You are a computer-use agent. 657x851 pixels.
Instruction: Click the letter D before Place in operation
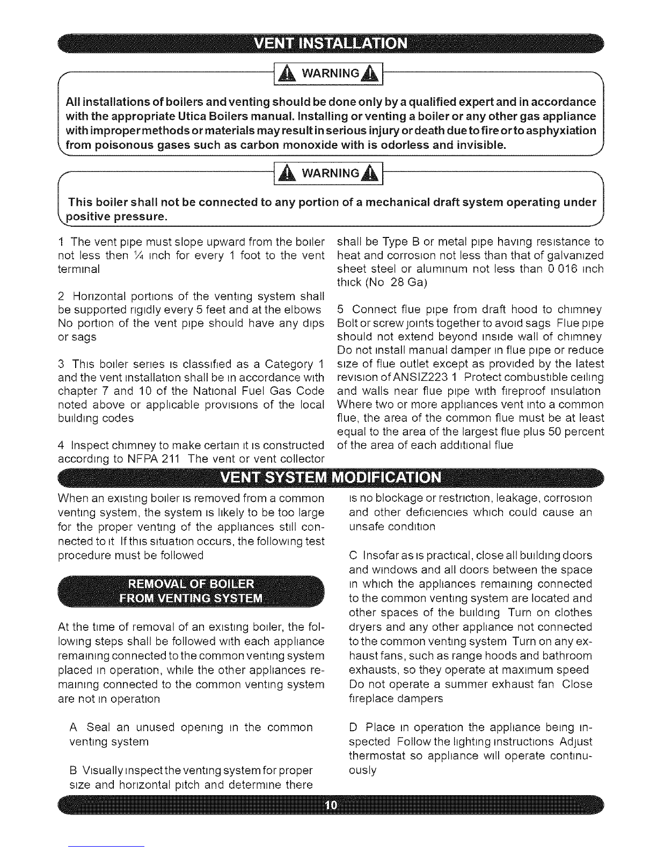tap(353, 728)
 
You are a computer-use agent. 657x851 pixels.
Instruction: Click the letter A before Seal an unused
tap(74, 728)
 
